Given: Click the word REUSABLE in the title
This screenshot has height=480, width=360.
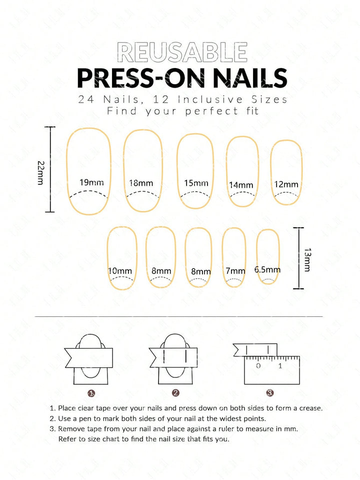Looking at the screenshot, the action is (182, 52).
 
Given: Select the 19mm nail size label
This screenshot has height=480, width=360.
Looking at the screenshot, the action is (91, 183).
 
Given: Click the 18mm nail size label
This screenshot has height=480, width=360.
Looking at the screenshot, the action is (141, 183).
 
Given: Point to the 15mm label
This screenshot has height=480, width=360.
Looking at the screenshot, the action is (196, 183).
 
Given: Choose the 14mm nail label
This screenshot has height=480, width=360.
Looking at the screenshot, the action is (241, 185).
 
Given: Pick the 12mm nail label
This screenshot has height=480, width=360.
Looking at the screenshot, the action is (286, 184).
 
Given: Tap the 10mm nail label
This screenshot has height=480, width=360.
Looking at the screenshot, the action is (120, 271).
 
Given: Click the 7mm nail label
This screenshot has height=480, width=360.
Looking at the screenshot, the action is (235, 271).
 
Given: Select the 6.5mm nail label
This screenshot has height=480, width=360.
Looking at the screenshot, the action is (267, 270).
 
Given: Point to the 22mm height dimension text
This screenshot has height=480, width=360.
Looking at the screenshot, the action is (40, 173).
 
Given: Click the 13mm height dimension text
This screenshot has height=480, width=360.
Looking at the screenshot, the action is (307, 260).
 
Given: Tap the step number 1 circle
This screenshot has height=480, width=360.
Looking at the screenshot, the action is (91, 393).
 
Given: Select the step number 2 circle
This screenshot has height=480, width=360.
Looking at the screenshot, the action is (175, 393).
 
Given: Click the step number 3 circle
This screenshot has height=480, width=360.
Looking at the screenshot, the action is (269, 393).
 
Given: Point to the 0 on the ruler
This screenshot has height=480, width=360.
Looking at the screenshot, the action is (258, 365).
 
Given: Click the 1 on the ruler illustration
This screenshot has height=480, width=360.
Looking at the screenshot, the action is (280, 365).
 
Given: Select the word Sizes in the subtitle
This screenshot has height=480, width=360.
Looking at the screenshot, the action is (269, 100).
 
